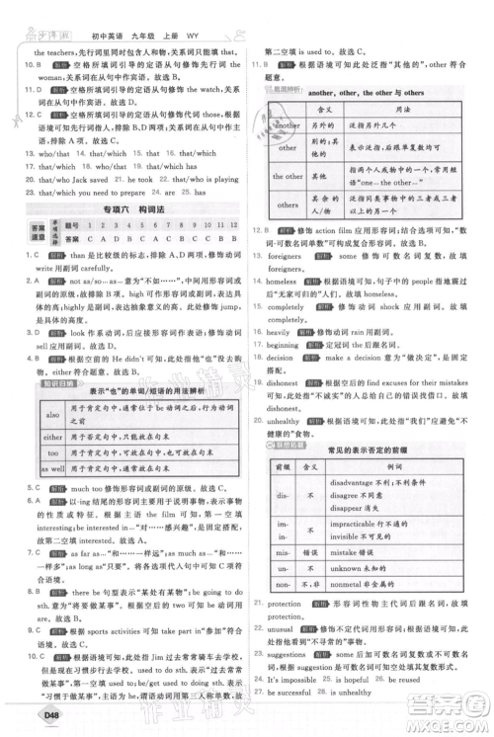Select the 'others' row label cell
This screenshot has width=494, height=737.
pos(288,234)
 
